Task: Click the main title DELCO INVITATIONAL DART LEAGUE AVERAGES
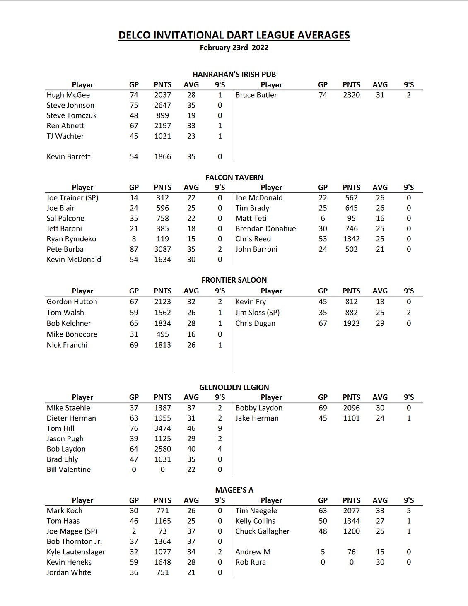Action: coord(234,35)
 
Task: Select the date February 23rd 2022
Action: coord(234,48)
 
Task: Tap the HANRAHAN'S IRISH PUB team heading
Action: coord(234,75)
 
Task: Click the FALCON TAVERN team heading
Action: coord(234,177)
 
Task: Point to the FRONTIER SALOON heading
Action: coord(234,280)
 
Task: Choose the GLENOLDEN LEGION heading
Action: coord(234,387)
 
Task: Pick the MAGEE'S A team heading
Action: coord(234,490)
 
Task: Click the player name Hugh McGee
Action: coord(68,95)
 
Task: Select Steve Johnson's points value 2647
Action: coord(162,105)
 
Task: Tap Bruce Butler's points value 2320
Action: coord(351,95)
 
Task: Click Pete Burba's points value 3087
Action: coord(162,249)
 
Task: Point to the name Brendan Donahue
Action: coord(265,228)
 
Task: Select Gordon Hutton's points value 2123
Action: coord(162,302)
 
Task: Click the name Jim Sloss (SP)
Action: coord(257,313)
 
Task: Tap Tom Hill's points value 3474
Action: coord(162,428)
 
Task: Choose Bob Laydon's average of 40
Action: coord(191,449)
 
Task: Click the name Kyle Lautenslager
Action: coord(76,552)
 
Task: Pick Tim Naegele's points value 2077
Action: coord(351,511)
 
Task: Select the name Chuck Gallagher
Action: coord(262,531)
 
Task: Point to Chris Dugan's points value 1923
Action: coord(351,323)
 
